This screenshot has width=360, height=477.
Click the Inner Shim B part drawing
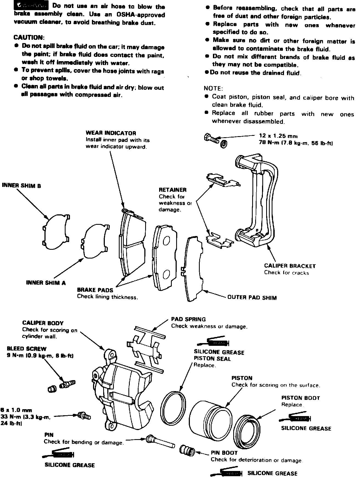click(x=56, y=231)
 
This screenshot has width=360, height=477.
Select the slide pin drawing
click(x=161, y=442)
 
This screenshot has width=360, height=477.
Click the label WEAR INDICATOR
click(x=111, y=133)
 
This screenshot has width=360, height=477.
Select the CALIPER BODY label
click(x=43, y=323)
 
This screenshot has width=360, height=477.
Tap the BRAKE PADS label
click(x=95, y=290)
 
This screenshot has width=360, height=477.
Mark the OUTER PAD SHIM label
click(x=252, y=298)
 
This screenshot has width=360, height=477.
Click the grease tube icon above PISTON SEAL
click(x=214, y=343)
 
